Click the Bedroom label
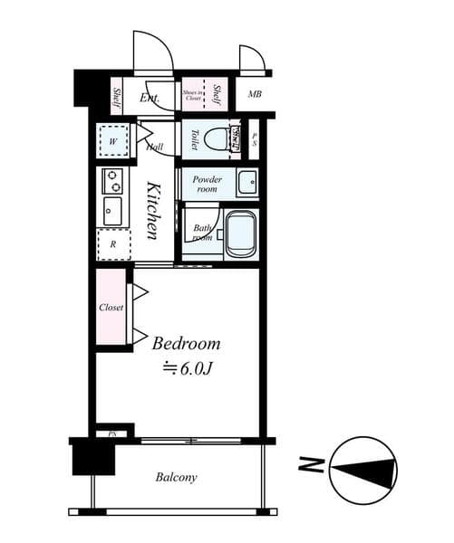[x=186, y=344]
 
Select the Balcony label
[x=176, y=477]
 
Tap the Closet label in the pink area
[x=111, y=308]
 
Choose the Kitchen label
[x=155, y=211]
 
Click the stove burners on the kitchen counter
[x=114, y=180]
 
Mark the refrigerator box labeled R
[x=113, y=243]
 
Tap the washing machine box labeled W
[x=113, y=141]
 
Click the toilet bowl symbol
[x=216, y=139]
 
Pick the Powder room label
[x=207, y=184]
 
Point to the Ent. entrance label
[x=150, y=98]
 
